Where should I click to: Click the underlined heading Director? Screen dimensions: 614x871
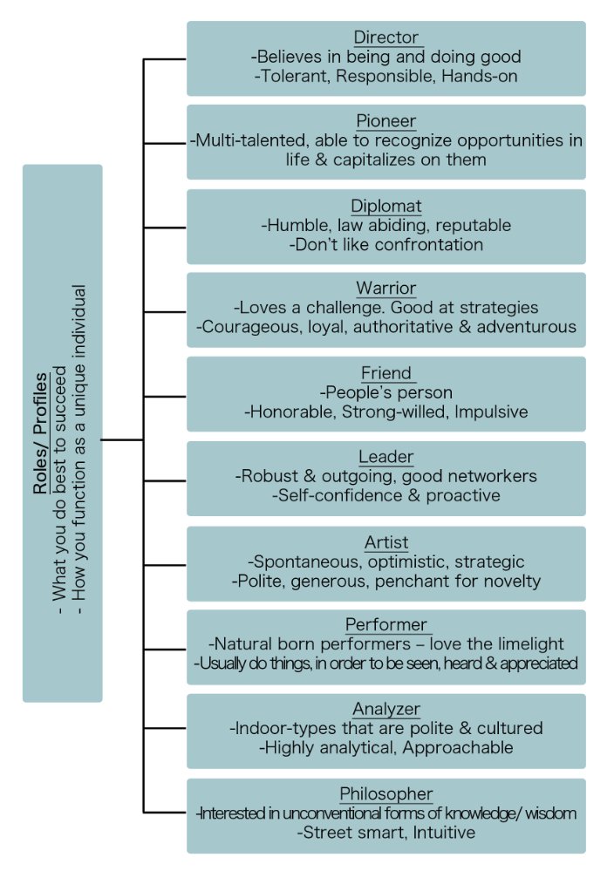click(x=386, y=37)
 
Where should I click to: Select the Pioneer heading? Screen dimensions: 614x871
click(x=386, y=121)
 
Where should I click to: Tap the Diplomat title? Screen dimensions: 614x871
click(x=386, y=206)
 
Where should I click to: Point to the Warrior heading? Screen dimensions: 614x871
click(x=386, y=289)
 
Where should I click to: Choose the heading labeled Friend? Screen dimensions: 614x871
click(x=386, y=373)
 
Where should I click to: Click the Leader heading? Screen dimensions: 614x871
click(x=386, y=457)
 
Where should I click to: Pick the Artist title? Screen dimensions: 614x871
click(x=386, y=542)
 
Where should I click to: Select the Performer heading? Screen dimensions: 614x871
click(x=386, y=625)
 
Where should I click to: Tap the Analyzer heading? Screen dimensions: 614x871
click(x=386, y=710)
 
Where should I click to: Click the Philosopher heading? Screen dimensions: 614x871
click(x=386, y=794)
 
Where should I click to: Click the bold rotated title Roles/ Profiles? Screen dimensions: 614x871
click(x=40, y=434)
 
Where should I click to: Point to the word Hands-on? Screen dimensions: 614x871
click(x=480, y=76)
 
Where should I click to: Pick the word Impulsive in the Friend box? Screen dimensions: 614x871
click(x=491, y=412)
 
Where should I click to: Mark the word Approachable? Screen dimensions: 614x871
click(x=458, y=748)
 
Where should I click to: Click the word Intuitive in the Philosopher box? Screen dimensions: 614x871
click(x=444, y=833)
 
